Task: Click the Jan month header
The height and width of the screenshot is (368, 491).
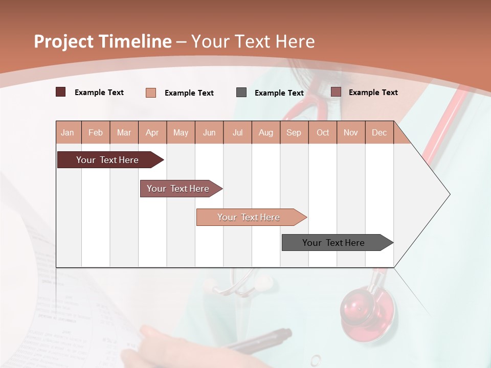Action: [x=68, y=133]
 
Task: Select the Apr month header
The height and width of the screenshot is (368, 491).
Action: [x=152, y=133]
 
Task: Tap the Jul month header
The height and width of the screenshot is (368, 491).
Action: [x=237, y=133]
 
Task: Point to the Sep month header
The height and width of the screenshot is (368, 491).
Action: [x=294, y=133]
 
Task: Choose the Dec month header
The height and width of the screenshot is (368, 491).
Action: [x=379, y=133]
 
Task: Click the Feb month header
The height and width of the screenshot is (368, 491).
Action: [x=96, y=133]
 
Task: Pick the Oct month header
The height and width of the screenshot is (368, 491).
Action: [x=323, y=133]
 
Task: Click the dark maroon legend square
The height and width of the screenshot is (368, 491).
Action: [x=60, y=92]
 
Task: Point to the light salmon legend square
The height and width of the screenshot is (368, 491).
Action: [x=150, y=93]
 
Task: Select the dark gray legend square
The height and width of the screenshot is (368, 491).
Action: [x=241, y=92]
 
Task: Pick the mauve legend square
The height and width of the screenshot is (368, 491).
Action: [x=336, y=92]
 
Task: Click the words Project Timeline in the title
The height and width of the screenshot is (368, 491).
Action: [x=102, y=41]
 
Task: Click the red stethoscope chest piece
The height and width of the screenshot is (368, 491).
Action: [x=367, y=307]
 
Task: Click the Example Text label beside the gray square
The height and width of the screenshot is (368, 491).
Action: [x=279, y=93]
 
